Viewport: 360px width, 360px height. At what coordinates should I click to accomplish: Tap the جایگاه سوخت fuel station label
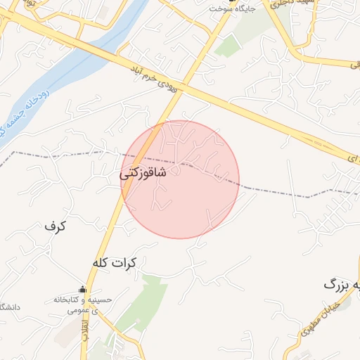click(235, 9)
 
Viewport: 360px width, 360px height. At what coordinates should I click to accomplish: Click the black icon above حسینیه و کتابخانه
click(82, 290)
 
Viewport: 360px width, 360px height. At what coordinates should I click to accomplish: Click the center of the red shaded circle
click(180, 179)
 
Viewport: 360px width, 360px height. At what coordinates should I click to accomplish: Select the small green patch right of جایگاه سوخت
click(229, 46)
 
